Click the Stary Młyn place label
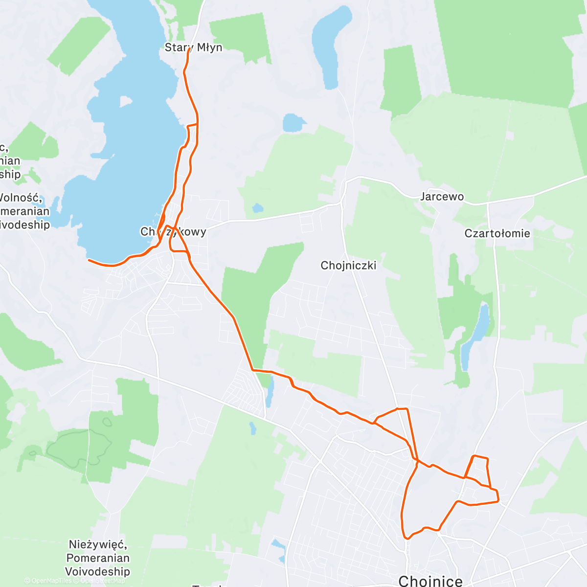[x=193, y=47]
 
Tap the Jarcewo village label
[x=442, y=197]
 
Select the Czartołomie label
[x=497, y=233]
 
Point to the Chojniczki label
[x=348, y=266]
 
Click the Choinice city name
[x=430, y=581]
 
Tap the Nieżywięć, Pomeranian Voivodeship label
[x=98, y=558]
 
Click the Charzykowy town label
[x=173, y=231]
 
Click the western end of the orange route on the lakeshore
[x=89, y=260]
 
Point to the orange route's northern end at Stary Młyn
[x=188, y=49]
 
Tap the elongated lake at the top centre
[x=330, y=44]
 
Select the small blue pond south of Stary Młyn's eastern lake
[x=294, y=122]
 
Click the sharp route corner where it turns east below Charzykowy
[x=253, y=370]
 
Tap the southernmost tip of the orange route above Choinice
[x=406, y=538]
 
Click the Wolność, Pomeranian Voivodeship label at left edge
[x=24, y=211]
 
